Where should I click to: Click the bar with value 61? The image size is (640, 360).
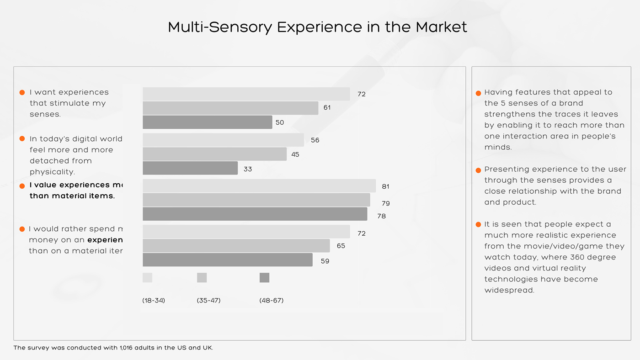(x=230, y=108)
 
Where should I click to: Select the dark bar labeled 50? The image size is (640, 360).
(x=208, y=122)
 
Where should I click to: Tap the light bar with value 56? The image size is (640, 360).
(x=223, y=140)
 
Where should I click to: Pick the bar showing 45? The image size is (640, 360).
(x=214, y=154)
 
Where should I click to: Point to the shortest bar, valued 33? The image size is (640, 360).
(x=190, y=168)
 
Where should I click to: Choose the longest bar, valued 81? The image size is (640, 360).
(x=259, y=186)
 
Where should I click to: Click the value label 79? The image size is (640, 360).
(x=385, y=203)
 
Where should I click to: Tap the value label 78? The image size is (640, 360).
(x=381, y=216)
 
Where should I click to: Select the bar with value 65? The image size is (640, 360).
(x=236, y=246)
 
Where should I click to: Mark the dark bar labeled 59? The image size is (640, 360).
(x=227, y=260)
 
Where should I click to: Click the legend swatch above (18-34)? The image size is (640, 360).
(x=147, y=278)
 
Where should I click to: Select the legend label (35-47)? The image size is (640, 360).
(x=208, y=301)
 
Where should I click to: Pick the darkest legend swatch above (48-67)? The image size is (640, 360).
(x=264, y=278)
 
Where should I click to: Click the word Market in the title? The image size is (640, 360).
(x=441, y=27)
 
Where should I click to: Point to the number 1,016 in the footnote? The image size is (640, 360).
(x=128, y=348)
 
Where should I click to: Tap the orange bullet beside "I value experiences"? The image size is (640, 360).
(x=22, y=186)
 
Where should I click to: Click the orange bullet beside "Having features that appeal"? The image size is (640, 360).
(x=478, y=93)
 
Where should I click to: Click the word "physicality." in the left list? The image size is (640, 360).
(x=52, y=172)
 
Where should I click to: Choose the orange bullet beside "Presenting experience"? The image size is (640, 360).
(x=478, y=170)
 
